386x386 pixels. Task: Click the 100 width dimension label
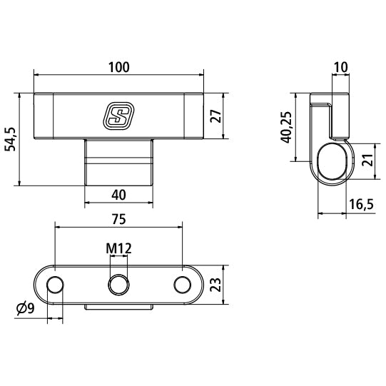(x=119, y=67)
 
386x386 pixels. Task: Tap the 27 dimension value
(x=216, y=116)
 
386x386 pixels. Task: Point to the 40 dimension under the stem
(x=119, y=194)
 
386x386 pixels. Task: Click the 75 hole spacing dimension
(x=119, y=219)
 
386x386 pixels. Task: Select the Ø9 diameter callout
(x=24, y=308)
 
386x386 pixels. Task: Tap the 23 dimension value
(x=216, y=286)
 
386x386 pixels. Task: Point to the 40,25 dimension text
(x=286, y=128)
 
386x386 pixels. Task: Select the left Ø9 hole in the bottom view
(x=55, y=286)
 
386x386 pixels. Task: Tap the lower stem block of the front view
(x=119, y=163)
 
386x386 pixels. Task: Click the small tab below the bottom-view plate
(x=118, y=308)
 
